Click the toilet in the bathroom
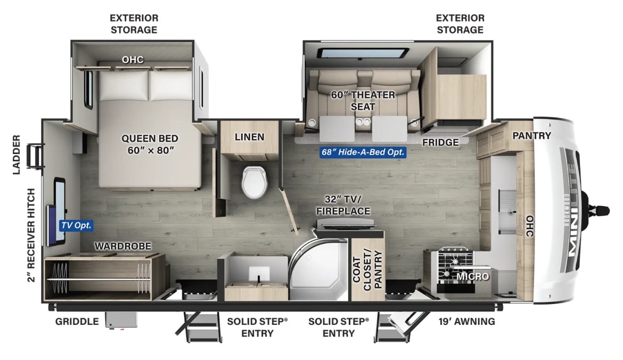click(255, 182)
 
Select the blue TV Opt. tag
click(76, 225)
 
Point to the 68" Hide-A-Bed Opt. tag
click(363, 152)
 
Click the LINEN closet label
click(250, 137)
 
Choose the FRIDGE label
click(440, 142)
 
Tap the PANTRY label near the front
click(531, 135)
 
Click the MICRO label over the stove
click(472, 276)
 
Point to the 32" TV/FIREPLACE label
click(343, 205)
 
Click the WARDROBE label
click(123, 247)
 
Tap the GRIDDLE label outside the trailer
click(77, 322)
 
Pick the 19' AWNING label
click(467, 322)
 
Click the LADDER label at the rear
click(17, 154)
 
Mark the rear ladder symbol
click(35, 156)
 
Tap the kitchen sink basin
click(507, 210)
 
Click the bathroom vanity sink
click(259, 274)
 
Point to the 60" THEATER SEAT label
click(363, 101)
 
